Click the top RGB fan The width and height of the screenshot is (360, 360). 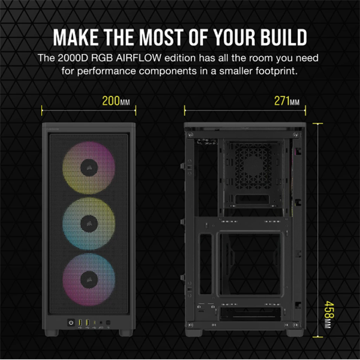[88, 167]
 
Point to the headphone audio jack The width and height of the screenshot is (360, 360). [101, 324]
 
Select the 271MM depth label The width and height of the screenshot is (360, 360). [287, 101]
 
